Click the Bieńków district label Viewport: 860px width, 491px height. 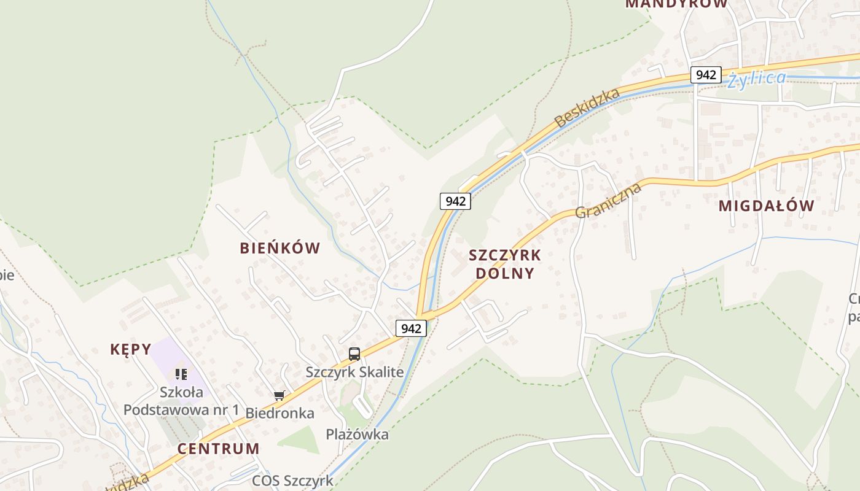pyautogui.click(x=279, y=248)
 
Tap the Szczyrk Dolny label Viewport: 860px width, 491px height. pyautogui.click(x=505, y=264)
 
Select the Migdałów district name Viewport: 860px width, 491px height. pyautogui.click(x=766, y=206)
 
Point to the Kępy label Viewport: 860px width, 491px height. pyautogui.click(x=130, y=349)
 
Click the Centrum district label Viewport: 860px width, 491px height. pyautogui.click(x=219, y=448)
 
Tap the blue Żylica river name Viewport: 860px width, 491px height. pyautogui.click(x=756, y=79)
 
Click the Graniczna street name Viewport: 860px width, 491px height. pyautogui.click(x=608, y=200)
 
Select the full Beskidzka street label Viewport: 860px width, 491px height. pyautogui.click(x=587, y=108)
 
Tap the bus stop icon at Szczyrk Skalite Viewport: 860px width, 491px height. pyautogui.click(x=354, y=354)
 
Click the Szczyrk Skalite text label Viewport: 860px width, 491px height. pyautogui.click(x=354, y=372)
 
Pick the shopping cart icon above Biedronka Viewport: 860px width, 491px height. pyautogui.click(x=279, y=395)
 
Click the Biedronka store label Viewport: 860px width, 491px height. pyautogui.click(x=279, y=413)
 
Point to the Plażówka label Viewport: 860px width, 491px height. pyautogui.click(x=357, y=435)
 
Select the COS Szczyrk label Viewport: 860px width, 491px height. pyautogui.click(x=292, y=481)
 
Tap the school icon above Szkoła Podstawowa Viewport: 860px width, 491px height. pyautogui.click(x=181, y=374)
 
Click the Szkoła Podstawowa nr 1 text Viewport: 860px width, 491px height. pyautogui.click(x=181, y=401)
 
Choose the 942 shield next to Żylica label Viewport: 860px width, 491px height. pyautogui.click(x=705, y=75)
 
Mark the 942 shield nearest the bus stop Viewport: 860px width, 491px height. pyautogui.click(x=410, y=328)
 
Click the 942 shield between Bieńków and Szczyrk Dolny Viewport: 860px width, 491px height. pyautogui.click(x=455, y=201)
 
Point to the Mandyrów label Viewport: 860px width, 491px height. pyautogui.click(x=676, y=4)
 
